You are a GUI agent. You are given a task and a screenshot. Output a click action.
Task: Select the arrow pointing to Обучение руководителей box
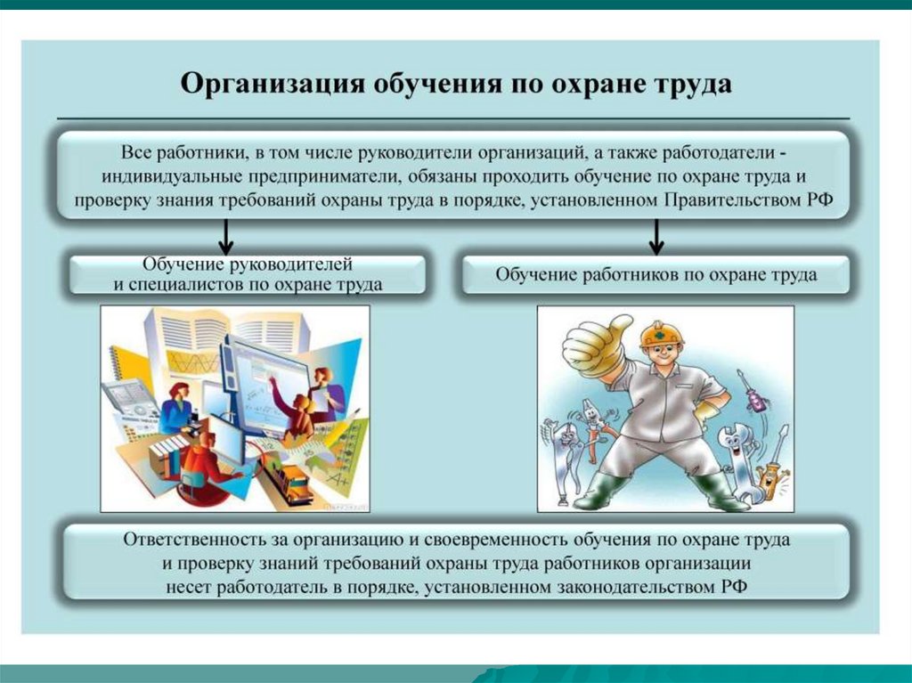click(x=226, y=236)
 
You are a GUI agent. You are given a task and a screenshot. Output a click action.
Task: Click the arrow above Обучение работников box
click(x=656, y=236)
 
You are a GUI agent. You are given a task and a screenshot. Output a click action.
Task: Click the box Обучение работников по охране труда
click(x=656, y=274)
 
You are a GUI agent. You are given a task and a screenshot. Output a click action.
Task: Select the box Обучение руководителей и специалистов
click(x=248, y=274)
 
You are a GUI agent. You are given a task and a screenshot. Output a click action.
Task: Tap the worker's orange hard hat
click(x=662, y=334)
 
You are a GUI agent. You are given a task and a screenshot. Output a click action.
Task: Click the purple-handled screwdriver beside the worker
click(x=750, y=392)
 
